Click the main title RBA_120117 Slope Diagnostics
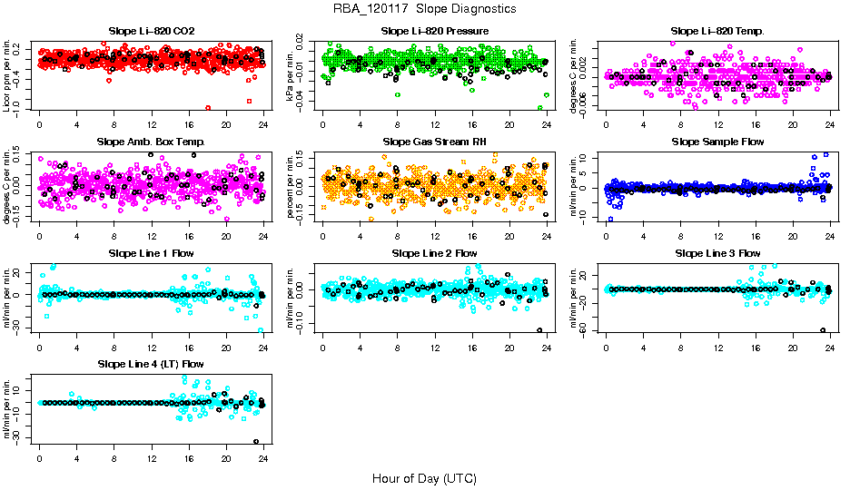coord(425,8)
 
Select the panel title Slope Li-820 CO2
coord(152,32)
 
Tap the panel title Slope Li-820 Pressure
coord(435,32)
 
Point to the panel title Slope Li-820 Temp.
coord(717,32)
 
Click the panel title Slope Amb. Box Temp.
coord(152,142)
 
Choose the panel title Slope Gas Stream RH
coord(435,142)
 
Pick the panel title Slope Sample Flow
coord(717,142)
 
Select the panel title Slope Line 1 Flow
coord(152,253)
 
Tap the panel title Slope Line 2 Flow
coord(435,253)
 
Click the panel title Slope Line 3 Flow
coord(717,253)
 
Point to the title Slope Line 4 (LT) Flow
coord(152,364)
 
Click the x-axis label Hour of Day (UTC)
coord(424,477)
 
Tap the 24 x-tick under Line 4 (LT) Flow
coord(262,459)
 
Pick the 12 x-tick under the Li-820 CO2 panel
coord(152,125)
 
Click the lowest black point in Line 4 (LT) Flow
coord(257,442)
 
